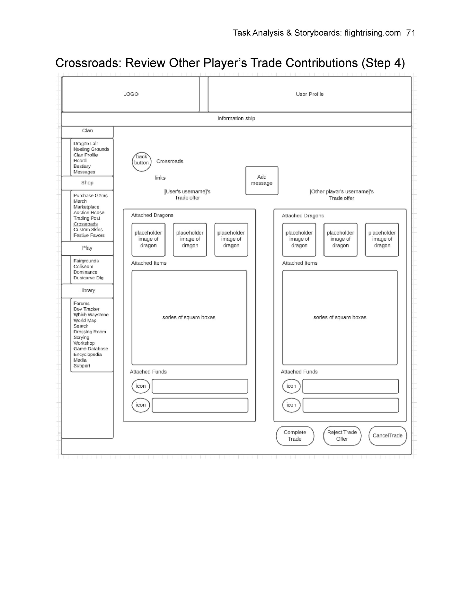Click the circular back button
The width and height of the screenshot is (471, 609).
[142, 162]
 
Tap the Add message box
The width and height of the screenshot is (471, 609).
[262, 180]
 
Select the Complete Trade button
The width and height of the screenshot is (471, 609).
[295, 435]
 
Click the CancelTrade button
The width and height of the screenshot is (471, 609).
[388, 435]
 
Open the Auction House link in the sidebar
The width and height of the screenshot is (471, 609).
[89, 212]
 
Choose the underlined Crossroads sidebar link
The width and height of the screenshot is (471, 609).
[86, 224]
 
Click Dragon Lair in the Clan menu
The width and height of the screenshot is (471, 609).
[86, 143]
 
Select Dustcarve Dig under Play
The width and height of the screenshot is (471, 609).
[88, 278]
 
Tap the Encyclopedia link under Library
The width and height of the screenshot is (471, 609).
[87, 354]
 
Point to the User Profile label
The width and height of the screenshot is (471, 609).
[310, 94]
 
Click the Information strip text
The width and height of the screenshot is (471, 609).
[236, 118]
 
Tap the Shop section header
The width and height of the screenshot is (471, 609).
[87, 183]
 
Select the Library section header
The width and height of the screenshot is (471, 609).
[87, 291]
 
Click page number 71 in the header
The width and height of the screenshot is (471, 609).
[411, 33]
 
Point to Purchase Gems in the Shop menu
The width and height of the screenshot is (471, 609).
[91, 196]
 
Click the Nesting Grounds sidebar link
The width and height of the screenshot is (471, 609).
[91, 149]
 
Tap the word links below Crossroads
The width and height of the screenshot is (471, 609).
[160, 178]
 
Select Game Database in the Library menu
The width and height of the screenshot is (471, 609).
[91, 349]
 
